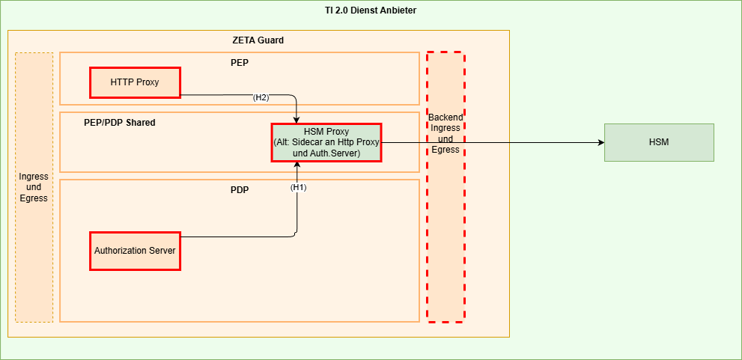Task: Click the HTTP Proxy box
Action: [x=135, y=82]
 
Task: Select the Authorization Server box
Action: [x=135, y=251]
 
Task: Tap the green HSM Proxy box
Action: [x=326, y=142]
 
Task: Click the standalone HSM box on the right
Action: [x=659, y=142]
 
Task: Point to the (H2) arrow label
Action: [x=261, y=97]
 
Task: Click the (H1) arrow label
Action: [x=299, y=187]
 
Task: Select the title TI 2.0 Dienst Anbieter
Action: [x=371, y=10]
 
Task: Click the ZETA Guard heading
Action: [x=258, y=40]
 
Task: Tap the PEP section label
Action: [x=240, y=62]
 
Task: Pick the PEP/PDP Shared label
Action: [x=120, y=122]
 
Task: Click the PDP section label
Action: [x=240, y=189]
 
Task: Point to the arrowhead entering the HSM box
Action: [x=600, y=142]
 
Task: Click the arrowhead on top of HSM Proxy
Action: [x=297, y=120]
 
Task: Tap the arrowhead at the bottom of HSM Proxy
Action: [x=297, y=165]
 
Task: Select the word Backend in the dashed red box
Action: [x=445, y=118]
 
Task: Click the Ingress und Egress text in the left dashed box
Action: [x=34, y=187]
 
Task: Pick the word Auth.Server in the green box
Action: [x=337, y=153]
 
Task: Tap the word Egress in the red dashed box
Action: [x=445, y=149]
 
